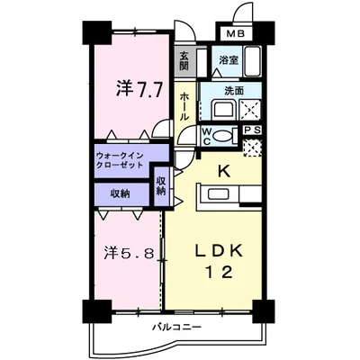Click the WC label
point(205,136)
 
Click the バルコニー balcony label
point(175,325)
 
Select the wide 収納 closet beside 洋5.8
point(119,193)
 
